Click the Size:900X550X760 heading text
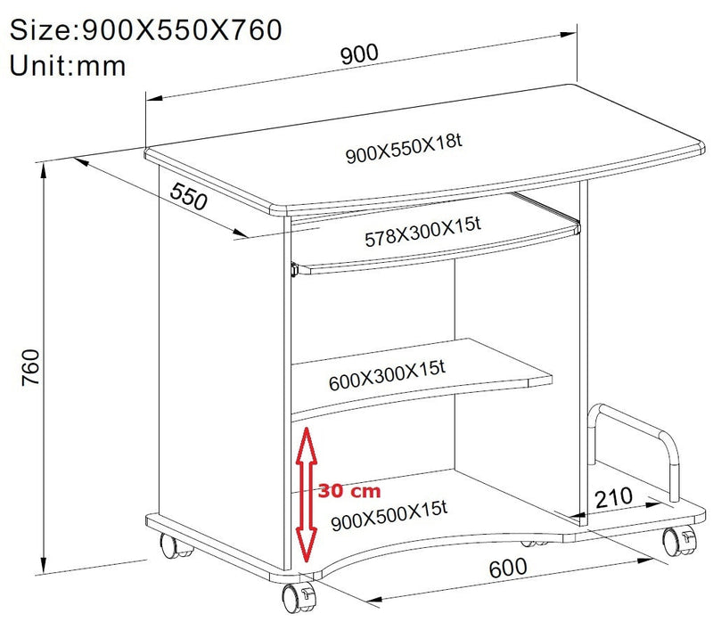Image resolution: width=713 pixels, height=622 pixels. click(x=146, y=29)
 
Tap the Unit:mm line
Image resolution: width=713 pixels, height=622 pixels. click(x=68, y=64)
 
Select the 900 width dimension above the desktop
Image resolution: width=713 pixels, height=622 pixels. click(x=358, y=53)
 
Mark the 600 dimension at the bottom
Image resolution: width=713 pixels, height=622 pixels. click(x=508, y=567)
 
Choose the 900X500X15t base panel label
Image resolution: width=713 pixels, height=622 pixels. click(x=388, y=516)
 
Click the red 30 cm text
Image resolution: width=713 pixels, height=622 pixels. click(x=350, y=491)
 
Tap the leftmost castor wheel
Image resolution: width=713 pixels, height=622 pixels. click(x=173, y=545)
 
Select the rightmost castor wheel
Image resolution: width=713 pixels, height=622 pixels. click(x=676, y=540)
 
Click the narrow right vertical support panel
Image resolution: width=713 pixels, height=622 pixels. click(x=585, y=356)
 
